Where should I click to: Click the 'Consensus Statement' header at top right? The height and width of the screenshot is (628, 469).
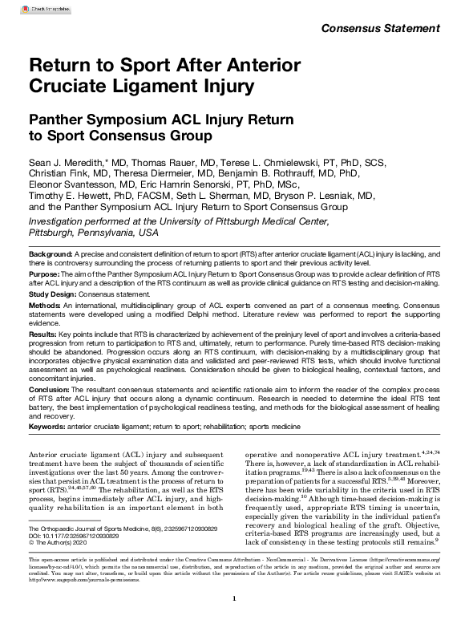coord(381,30)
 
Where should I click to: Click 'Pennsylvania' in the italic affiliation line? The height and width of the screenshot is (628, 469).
coord(105,232)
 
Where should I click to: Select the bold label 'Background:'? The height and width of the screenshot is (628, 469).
coord(52,253)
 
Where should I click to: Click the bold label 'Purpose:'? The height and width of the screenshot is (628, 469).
coord(46,273)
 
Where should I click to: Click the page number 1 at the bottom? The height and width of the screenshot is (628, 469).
coord(234,620)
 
